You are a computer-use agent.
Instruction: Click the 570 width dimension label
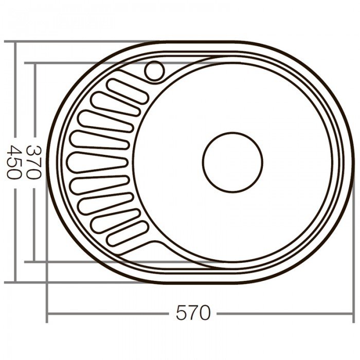193,313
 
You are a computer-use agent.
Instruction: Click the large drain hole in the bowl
232,162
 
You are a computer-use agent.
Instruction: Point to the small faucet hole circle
154,70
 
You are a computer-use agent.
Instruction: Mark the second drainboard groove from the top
116,104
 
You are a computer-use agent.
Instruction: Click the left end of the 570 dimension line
47,313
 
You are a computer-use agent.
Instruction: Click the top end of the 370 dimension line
34,64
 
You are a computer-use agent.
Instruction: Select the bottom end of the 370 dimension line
34,261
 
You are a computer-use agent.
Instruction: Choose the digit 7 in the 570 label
193,313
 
